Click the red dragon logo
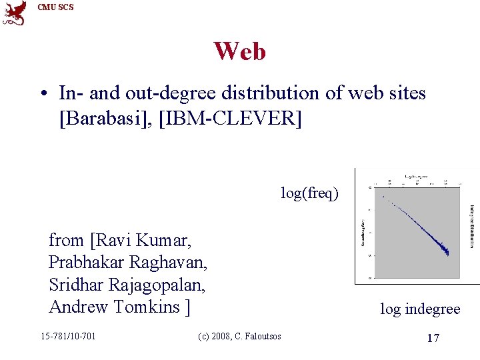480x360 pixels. pyautogui.click(x=14, y=13)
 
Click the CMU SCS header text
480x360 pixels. pyautogui.click(x=56, y=7)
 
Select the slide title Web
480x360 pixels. pyautogui.click(x=239, y=51)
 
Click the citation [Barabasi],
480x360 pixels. pyautogui.click(x=107, y=119)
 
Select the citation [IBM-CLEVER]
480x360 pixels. pyautogui.click(x=231, y=119)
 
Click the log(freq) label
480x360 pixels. pyautogui.click(x=309, y=193)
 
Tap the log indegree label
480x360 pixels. pyautogui.click(x=420, y=309)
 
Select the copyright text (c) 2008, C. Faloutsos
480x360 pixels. pyautogui.click(x=239, y=336)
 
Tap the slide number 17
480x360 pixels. pyautogui.click(x=433, y=339)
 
